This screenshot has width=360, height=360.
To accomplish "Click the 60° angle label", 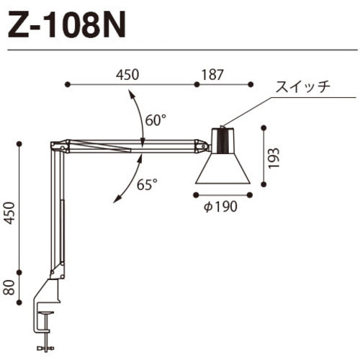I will [155, 120].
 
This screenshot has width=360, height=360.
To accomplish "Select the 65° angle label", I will [147, 184].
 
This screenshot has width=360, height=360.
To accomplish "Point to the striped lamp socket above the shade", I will [222, 140].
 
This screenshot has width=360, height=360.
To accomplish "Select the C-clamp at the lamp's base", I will [50, 302].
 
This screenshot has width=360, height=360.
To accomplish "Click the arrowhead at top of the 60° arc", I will [129, 91].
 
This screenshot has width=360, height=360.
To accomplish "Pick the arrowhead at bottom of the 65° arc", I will [115, 203].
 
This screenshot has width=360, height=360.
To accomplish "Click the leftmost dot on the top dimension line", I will [67, 85].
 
